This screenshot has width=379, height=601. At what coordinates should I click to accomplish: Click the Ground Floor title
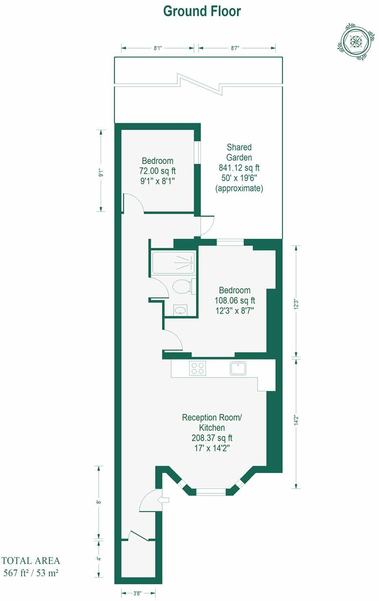pyautogui.click(x=202, y=11)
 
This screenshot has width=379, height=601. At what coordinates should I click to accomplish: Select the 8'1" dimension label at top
pyautogui.click(x=158, y=48)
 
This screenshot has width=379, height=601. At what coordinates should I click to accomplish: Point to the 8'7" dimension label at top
pyautogui.click(x=235, y=48)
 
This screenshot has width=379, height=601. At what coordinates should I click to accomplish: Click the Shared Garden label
pyautogui.click(x=239, y=152)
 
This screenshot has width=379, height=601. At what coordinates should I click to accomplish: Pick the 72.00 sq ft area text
pyautogui.click(x=157, y=171)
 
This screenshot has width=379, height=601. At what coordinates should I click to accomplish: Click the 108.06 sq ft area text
pyautogui.click(x=235, y=300)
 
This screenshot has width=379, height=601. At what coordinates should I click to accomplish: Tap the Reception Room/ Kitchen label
pyautogui.click(x=212, y=422)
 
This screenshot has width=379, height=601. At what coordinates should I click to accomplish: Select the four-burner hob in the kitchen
pyautogui.click(x=198, y=368)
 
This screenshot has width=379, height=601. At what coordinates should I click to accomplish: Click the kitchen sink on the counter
pyautogui.click(x=238, y=368)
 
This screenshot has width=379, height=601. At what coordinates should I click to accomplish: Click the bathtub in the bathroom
pyautogui.click(x=173, y=263)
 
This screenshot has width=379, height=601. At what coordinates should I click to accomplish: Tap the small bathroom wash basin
pyautogui.click(x=180, y=310)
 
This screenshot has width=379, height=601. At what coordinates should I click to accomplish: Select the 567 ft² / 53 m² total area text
pyautogui.click(x=31, y=572)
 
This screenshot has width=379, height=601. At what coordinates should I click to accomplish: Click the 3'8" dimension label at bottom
pyautogui.click(x=137, y=593)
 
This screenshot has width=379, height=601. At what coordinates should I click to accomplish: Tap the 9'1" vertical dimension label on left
pyautogui.click(x=101, y=172)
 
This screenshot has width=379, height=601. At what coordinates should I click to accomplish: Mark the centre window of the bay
pyautogui.click(x=211, y=492)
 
